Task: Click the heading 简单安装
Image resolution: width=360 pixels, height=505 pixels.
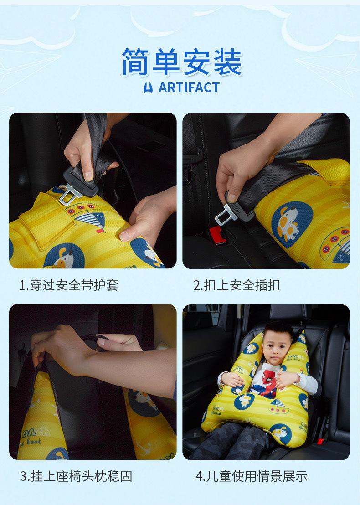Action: [x=182, y=62]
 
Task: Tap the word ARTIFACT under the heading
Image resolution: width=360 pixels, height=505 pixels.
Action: [x=189, y=88]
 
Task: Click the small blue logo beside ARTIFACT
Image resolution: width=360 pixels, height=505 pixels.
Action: [x=148, y=88]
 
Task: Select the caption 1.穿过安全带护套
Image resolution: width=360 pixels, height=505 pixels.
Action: [x=69, y=285]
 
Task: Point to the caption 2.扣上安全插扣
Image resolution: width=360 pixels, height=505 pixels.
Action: [x=237, y=285]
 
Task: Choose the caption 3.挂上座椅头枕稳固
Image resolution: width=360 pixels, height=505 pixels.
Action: [x=76, y=476]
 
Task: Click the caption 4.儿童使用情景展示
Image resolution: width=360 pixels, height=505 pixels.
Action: [x=252, y=476]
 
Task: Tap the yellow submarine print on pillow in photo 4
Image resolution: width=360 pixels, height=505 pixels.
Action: [x=279, y=407]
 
